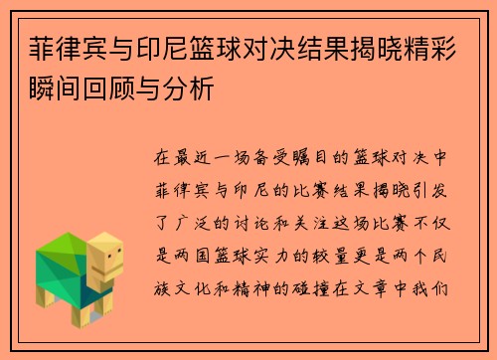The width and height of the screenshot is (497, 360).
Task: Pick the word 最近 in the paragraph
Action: pos(199,157)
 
